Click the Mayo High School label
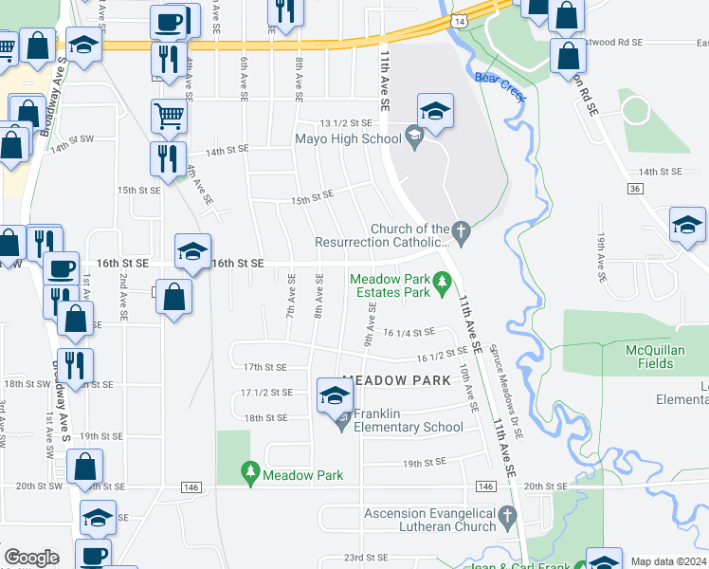[x=348, y=138]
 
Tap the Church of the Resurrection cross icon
[x=461, y=230]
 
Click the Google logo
[x=31, y=558]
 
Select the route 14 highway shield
[x=459, y=20]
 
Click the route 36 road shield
[x=634, y=190]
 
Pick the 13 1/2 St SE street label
[x=347, y=123]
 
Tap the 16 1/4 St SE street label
[x=409, y=332]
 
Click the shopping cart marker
[x=169, y=118]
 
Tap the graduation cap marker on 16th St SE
[x=192, y=252]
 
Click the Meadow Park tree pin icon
[x=250, y=471]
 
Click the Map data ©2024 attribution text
[x=667, y=561]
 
